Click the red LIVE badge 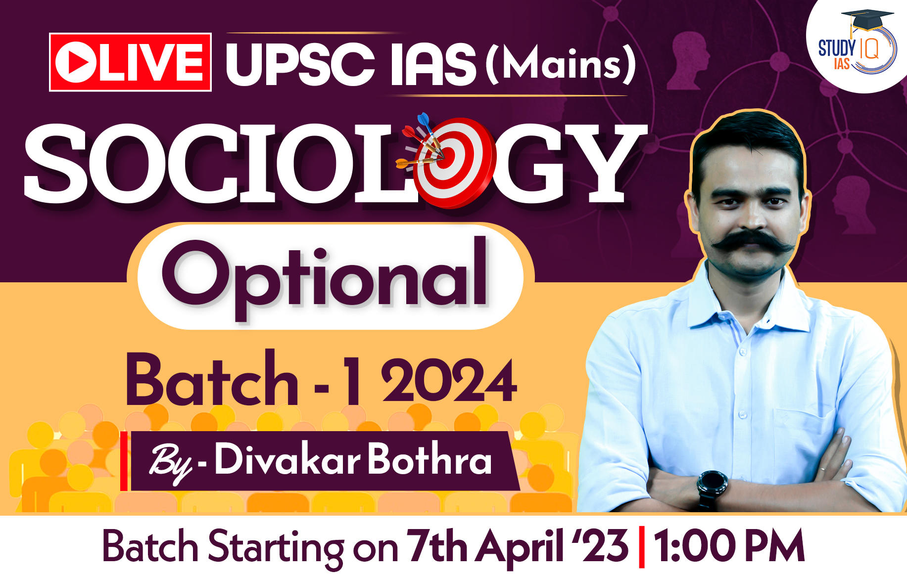pos(130,62)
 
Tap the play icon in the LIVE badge pos(76,62)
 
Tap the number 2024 pos(449,381)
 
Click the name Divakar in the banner pos(287,460)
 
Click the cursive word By pos(171,463)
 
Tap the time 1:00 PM pos(729,546)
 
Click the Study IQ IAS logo pos(857,47)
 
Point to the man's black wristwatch pos(712,488)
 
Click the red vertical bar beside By pos(124,461)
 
